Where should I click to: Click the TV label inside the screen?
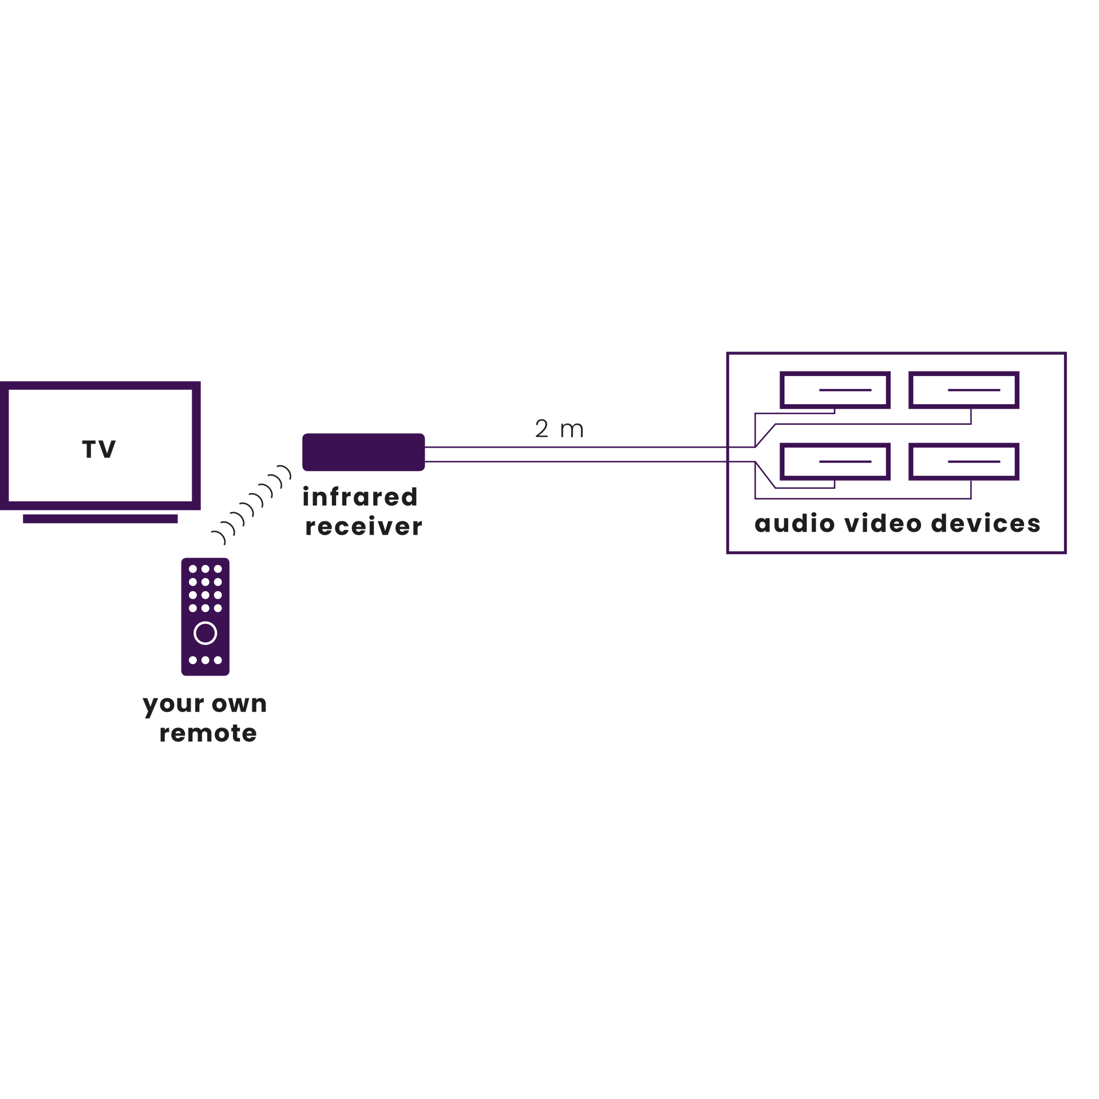(x=99, y=449)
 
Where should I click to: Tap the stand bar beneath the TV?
(x=100, y=519)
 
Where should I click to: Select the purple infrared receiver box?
(x=363, y=452)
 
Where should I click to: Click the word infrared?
(x=360, y=497)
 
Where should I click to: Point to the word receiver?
(x=363, y=527)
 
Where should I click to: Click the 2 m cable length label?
(x=559, y=429)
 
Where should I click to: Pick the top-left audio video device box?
(x=835, y=390)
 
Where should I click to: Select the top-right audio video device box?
(x=964, y=390)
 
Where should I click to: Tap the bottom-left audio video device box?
(x=835, y=461)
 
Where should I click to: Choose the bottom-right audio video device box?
(x=964, y=461)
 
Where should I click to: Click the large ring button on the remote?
(x=205, y=633)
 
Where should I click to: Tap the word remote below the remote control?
(x=208, y=733)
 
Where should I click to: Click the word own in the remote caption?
(x=239, y=704)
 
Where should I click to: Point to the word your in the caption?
(x=173, y=706)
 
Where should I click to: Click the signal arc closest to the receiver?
(x=286, y=472)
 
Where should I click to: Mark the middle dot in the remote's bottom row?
(x=205, y=660)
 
